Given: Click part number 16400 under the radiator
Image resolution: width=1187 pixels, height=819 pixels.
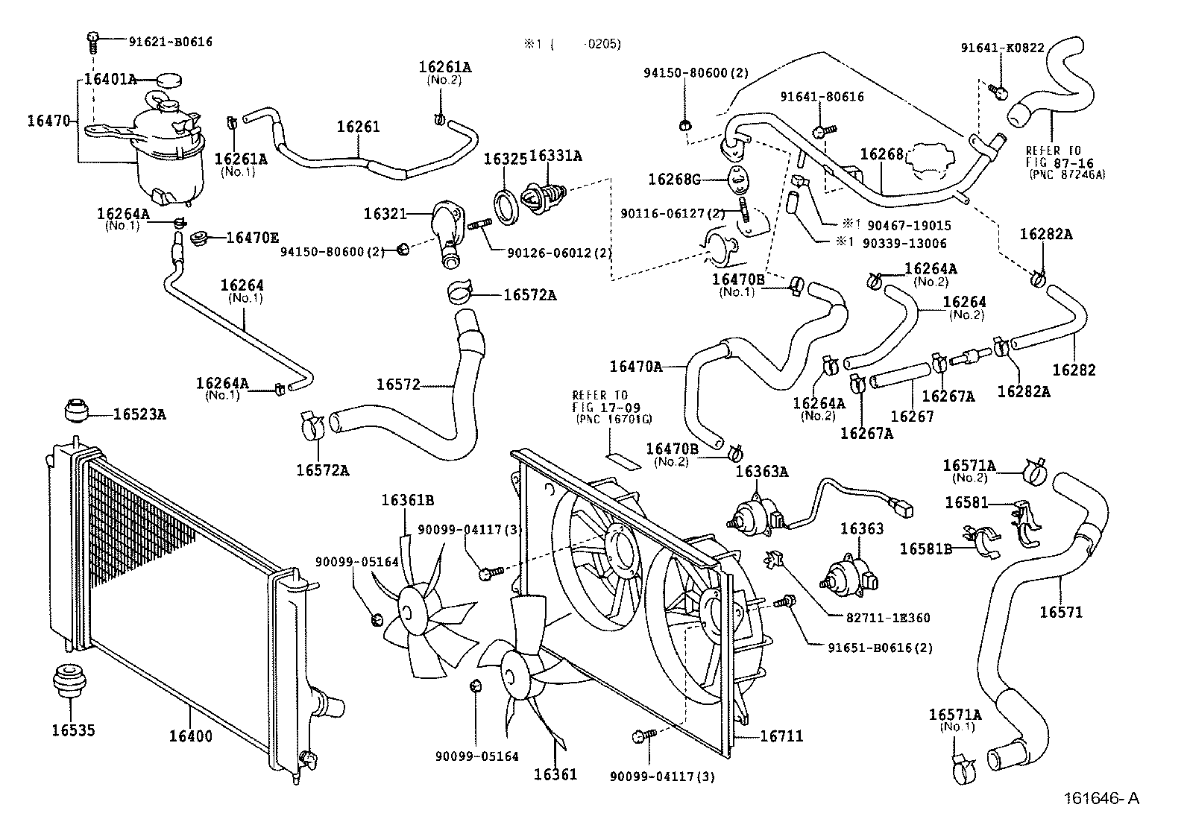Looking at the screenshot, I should pos(190,736).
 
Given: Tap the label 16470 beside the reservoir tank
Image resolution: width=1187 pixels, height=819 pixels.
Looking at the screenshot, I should pos(48,120).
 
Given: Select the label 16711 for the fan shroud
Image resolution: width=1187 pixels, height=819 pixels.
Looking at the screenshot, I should pos(781,736).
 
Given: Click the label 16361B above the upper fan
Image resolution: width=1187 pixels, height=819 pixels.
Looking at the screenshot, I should pos(408,500).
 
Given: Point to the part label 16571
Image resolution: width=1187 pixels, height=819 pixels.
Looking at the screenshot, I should pos(1061,613).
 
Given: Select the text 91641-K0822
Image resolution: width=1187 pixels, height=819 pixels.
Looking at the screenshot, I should pos(1002,48).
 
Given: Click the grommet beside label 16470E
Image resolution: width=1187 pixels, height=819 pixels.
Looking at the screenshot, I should pos(200,238).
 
